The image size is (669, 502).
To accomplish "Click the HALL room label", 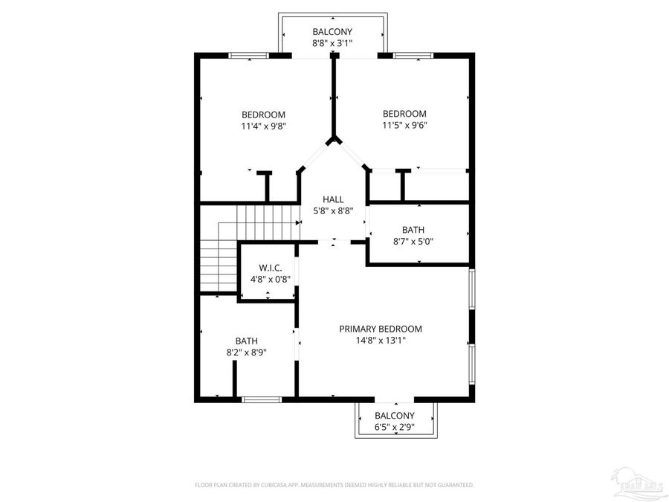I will [333, 199].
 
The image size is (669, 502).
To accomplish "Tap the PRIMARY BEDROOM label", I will [381, 329].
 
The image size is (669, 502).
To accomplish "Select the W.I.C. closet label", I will [268, 268].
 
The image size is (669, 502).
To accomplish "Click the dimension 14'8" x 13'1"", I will [381, 341].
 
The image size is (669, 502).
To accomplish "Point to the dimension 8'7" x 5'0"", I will [413, 242].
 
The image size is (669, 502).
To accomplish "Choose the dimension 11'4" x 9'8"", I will [263, 126].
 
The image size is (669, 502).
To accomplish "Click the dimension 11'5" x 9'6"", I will [404, 125].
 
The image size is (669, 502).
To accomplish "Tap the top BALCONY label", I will [332, 32].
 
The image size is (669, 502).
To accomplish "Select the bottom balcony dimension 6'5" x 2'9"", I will [395, 427].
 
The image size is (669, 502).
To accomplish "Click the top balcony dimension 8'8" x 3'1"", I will [332, 43].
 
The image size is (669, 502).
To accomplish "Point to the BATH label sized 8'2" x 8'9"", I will [247, 341].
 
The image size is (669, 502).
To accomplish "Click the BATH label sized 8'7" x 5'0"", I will [413, 230].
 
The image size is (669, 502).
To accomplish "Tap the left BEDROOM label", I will [263, 114].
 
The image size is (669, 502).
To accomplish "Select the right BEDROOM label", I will [404, 114].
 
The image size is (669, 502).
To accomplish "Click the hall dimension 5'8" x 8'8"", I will [333, 211].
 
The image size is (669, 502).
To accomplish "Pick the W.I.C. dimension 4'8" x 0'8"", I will [268, 280].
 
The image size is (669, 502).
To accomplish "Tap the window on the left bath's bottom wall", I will [262, 399].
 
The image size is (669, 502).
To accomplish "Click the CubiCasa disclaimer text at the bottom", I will [334, 485].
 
